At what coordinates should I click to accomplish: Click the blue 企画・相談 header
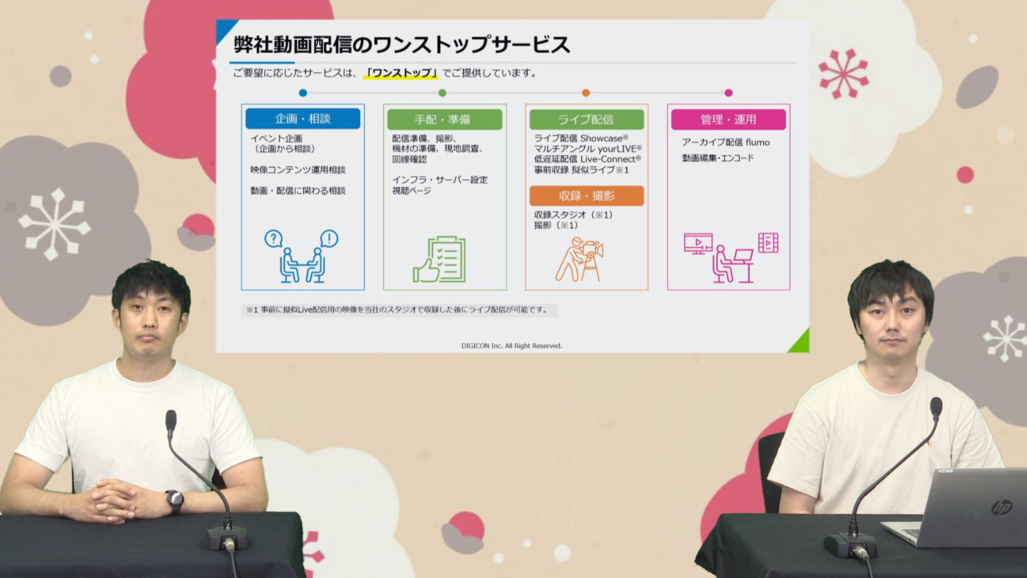(x=302, y=119)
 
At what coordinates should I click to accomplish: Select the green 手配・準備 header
(x=445, y=119)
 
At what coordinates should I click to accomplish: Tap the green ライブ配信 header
(x=587, y=119)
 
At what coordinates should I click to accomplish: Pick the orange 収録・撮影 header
(x=587, y=196)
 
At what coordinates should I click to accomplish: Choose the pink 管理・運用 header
(x=729, y=119)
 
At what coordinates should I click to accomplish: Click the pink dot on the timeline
(x=729, y=93)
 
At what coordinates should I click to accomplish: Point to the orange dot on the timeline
(x=586, y=93)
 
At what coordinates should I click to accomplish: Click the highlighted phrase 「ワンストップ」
(x=401, y=73)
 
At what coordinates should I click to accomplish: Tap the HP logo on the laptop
(x=1001, y=508)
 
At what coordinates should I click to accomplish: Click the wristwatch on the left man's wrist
(x=174, y=501)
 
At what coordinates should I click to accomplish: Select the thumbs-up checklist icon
(x=439, y=259)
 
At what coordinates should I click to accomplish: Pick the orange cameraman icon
(x=579, y=259)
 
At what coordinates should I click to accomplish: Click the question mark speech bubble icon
(x=273, y=238)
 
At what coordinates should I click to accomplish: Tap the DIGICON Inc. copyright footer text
(x=512, y=346)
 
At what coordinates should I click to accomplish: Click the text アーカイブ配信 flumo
(x=726, y=142)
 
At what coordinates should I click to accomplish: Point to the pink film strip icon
(x=768, y=243)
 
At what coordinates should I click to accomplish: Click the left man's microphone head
(x=171, y=420)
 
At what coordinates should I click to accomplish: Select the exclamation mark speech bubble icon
(x=329, y=238)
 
